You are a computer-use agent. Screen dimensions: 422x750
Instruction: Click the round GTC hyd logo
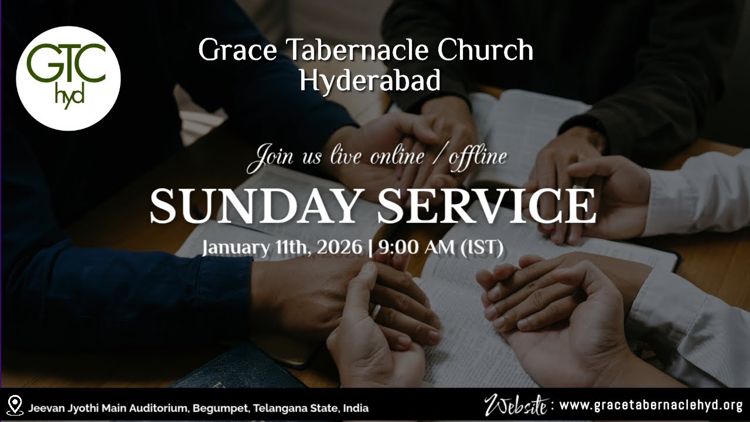coord(68,78)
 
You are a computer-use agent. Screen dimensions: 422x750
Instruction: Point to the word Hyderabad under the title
coord(369,81)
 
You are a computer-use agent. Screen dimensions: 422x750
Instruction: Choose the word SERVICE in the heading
coord(486,206)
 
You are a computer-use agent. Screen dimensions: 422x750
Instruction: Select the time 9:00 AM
coord(415,248)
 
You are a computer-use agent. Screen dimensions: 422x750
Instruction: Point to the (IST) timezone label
coord(482,248)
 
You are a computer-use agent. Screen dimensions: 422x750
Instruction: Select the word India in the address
coord(356,407)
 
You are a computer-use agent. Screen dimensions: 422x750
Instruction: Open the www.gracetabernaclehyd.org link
coord(651,405)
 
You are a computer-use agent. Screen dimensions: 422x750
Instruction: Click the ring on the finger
coord(376,311)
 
